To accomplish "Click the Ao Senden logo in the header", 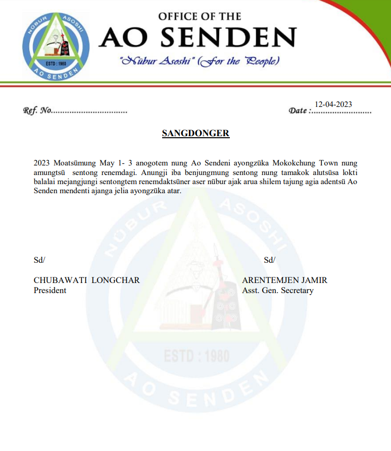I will click(56, 46).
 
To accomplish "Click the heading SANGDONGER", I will click(196, 134).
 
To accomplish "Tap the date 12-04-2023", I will click(333, 104).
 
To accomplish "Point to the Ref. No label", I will click(37, 110).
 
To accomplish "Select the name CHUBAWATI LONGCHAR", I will click(86, 280).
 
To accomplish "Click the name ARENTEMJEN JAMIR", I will click(284, 280).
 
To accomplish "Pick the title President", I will click(50, 291).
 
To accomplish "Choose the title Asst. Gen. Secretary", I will click(278, 291).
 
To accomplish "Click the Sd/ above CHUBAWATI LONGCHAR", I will click(39, 260).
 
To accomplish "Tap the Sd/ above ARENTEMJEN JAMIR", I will click(269, 260).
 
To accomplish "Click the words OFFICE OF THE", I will click(200, 16).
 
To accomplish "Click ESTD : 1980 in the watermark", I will click(197, 356).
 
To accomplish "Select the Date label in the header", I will click(298, 110).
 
